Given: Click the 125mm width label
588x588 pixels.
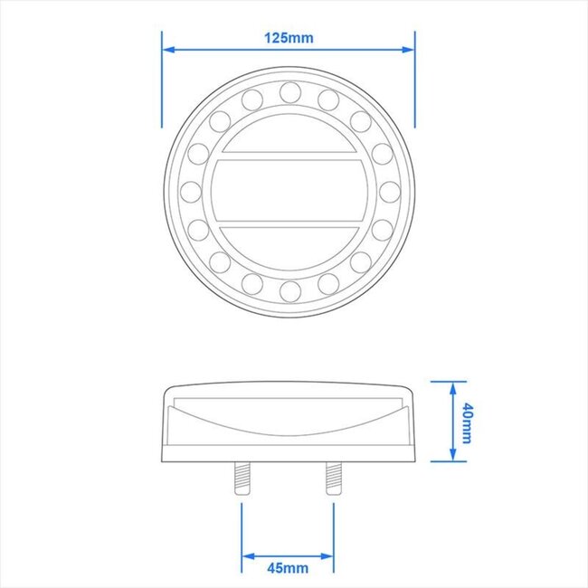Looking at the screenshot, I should click(289, 38).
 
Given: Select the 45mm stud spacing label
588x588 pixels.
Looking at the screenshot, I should click(288, 568).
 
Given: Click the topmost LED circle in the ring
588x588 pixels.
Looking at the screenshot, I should click(289, 91).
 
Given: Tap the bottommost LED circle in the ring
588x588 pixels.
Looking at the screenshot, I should click(289, 289).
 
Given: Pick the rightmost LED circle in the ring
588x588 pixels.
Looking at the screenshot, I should click(388, 191).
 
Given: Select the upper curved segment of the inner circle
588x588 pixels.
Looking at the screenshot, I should click(289, 132).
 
